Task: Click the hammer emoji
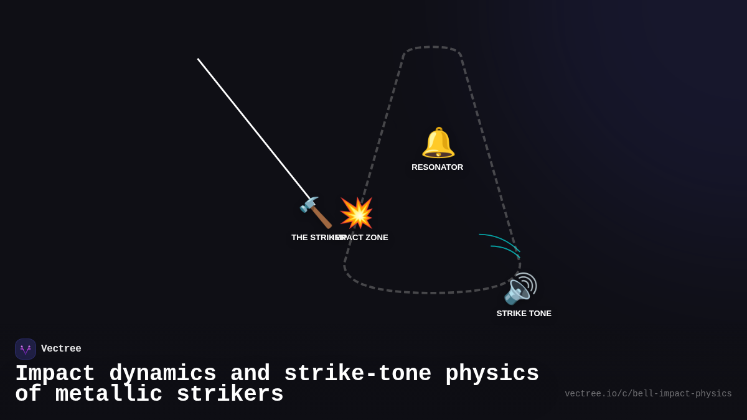tap(316, 213)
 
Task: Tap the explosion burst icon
tap(357, 213)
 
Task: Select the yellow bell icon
tap(438, 142)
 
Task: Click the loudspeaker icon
tap(520, 289)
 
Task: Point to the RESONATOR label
tap(437, 167)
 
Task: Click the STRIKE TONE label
tap(524, 314)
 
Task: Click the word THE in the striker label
tap(300, 238)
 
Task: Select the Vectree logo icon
tap(26, 349)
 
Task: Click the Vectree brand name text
tap(61, 349)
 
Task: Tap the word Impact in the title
tap(55, 374)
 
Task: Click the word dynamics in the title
tap(162, 374)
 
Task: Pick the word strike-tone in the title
tap(357, 374)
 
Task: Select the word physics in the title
tap(492, 374)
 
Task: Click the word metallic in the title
tap(108, 394)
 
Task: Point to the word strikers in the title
tap(230, 394)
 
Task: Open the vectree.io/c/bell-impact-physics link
tap(648, 394)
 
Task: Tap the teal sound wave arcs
tap(500, 243)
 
